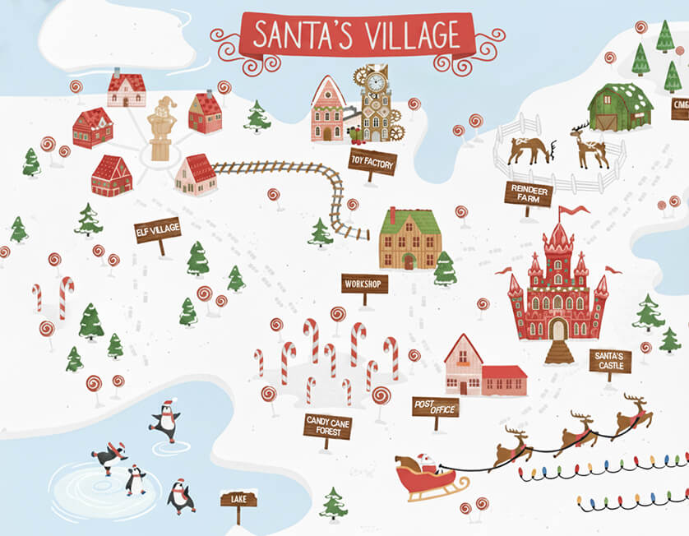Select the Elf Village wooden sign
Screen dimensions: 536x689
click(x=157, y=229)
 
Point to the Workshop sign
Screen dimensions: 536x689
click(x=364, y=284)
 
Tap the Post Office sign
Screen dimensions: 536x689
click(x=435, y=405)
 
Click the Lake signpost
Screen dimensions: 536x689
click(x=238, y=499)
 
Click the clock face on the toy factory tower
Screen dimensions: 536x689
click(x=376, y=83)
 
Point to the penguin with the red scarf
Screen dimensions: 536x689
click(x=109, y=455)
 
